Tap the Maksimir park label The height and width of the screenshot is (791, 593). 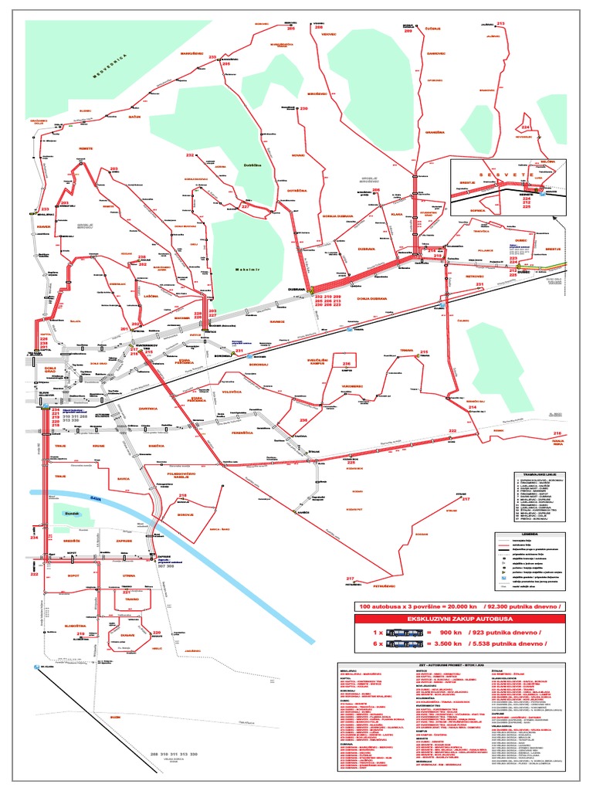(x=249, y=270)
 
